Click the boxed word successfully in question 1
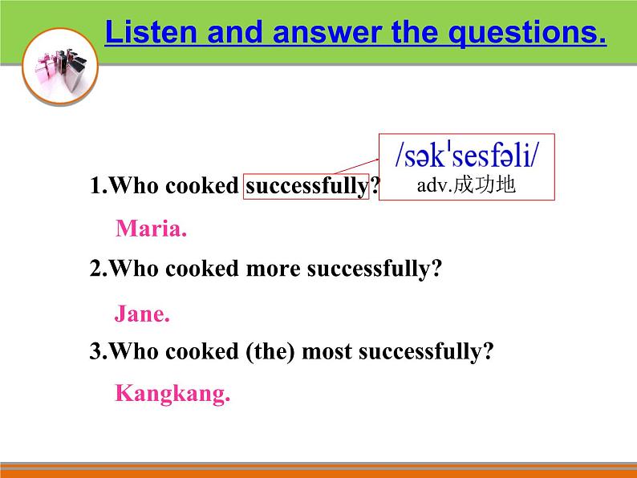pyautogui.click(x=306, y=187)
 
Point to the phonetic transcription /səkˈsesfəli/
pyautogui.click(x=467, y=155)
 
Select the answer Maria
pyautogui.click(x=151, y=229)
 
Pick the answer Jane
pyautogui.click(x=142, y=314)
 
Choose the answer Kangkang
pyautogui.click(x=172, y=394)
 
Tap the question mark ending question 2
pyautogui.click(x=437, y=269)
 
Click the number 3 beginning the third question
pyautogui.click(x=95, y=351)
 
